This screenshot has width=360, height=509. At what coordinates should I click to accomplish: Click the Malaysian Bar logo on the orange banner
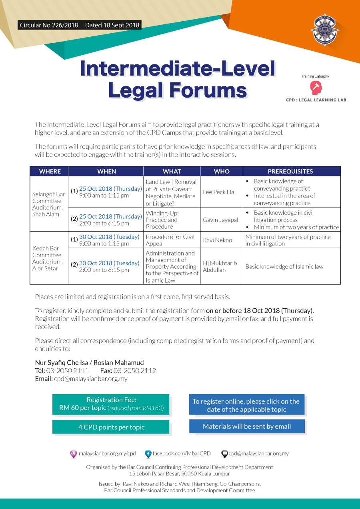coord(324,31)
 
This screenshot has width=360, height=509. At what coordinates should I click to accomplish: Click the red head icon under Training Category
coord(316,88)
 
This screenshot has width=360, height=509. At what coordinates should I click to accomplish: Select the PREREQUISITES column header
coord(290,171)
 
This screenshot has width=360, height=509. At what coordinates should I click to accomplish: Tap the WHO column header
coord(222,171)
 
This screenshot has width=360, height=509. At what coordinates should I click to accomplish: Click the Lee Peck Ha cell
coord(218,192)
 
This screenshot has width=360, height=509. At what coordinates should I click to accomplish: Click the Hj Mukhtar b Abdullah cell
coord(220,266)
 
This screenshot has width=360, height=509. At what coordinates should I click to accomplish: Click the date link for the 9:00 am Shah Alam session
coord(110,189)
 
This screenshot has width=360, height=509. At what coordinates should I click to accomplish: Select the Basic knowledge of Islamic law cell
coord(284,267)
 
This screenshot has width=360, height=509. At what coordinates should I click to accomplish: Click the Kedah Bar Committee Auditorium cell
coord(47,258)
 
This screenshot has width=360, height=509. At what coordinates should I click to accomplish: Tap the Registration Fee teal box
coord(111,404)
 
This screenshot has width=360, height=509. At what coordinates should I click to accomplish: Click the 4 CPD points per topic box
coord(111,427)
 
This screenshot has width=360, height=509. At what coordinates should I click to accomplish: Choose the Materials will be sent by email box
coord(247,426)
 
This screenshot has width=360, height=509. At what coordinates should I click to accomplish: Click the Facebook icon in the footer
coord(148,454)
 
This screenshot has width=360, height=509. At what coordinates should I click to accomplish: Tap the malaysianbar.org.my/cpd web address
coord(107,453)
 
